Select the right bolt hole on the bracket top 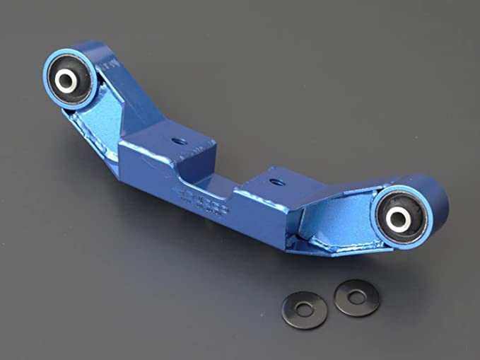click(277, 182)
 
